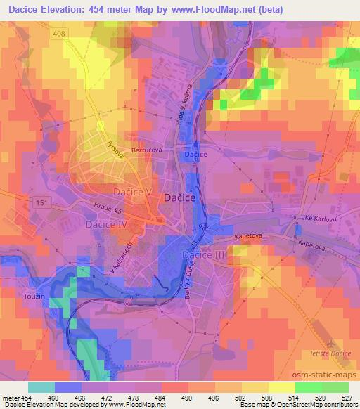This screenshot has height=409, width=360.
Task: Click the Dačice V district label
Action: coord(133,191)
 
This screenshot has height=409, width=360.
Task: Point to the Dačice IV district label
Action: coord(105,225)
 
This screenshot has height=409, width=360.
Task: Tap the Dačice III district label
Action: coord(204,253)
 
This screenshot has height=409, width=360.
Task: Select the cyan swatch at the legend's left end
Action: coord(41,387)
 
